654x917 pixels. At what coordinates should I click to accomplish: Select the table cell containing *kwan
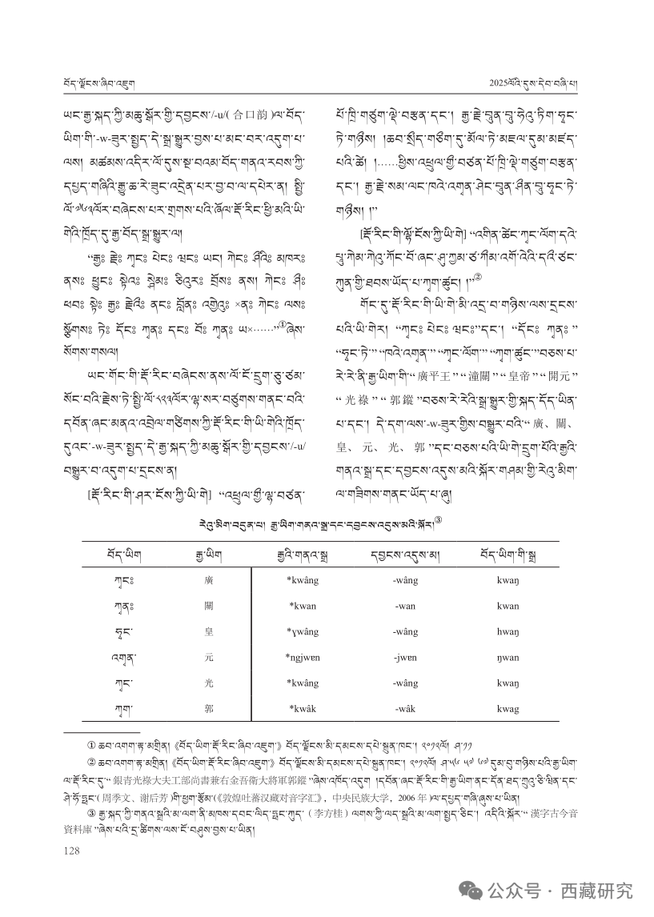pos(303,606)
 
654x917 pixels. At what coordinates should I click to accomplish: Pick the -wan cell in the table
pos(405,606)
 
